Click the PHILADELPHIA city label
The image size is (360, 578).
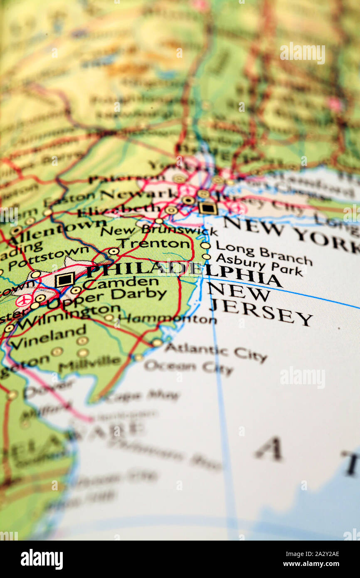(x=183, y=273)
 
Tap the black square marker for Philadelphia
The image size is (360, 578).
(x=64, y=280)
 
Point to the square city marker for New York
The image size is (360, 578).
(x=207, y=208)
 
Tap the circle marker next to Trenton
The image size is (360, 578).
(x=113, y=251)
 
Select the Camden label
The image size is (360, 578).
(x=121, y=284)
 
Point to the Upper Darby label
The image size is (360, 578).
(x=106, y=298)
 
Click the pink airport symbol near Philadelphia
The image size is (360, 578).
(x=24, y=300)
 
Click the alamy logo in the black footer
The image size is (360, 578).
(x=42, y=559)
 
